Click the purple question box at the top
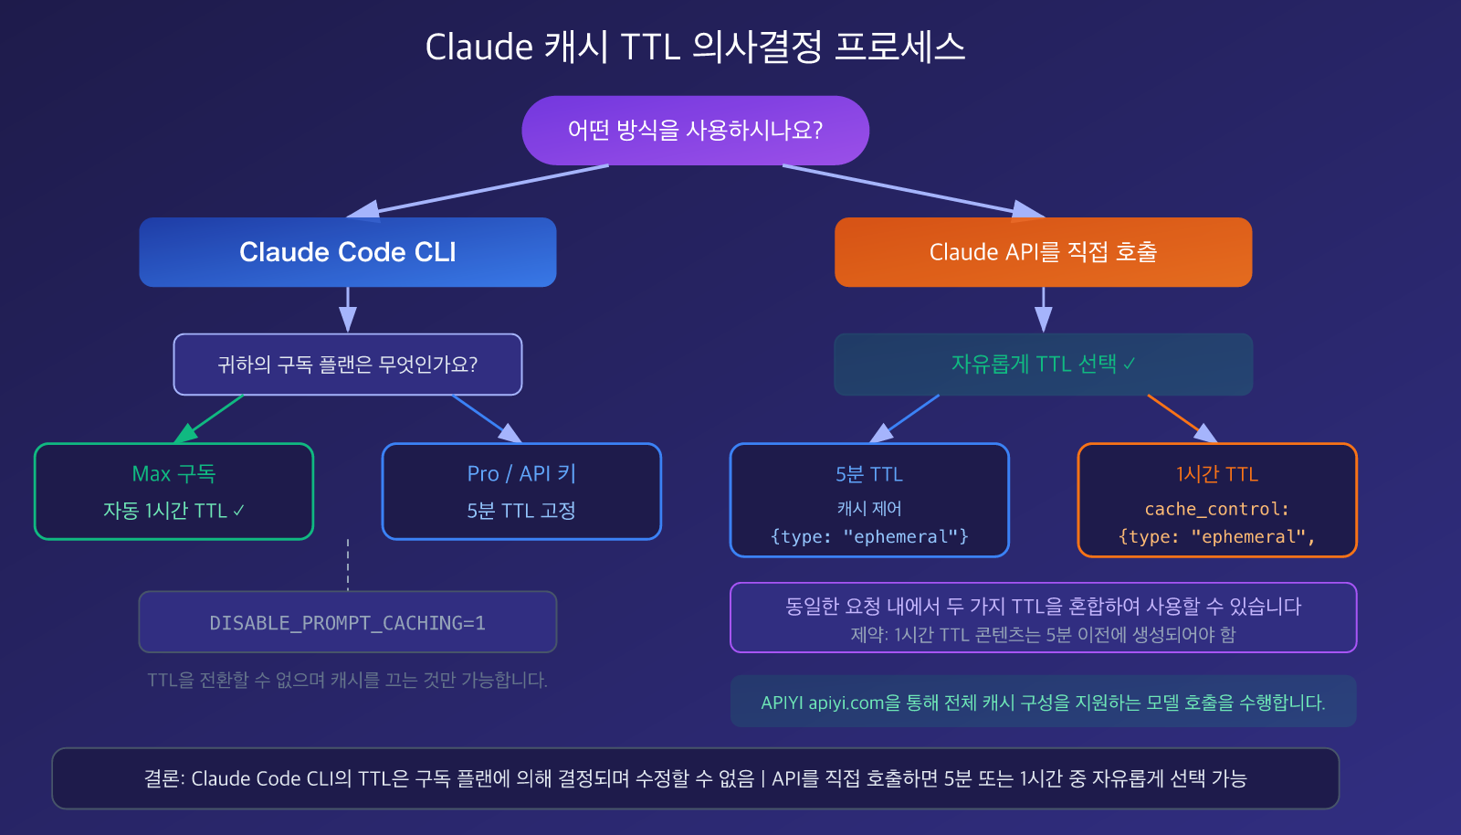click(x=695, y=131)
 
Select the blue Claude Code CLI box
click(x=347, y=252)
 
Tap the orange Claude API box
click(x=1043, y=252)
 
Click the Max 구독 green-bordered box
click(x=173, y=491)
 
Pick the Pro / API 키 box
click(x=521, y=491)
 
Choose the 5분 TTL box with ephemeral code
click(x=869, y=500)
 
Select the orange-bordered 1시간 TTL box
click(x=1217, y=500)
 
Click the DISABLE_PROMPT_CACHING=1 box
click(x=347, y=622)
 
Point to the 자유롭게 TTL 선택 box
click(x=1043, y=365)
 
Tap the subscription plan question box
click(x=347, y=365)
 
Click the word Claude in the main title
click(x=478, y=48)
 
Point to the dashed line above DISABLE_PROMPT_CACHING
click(x=348, y=565)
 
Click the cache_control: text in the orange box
click(x=1216, y=509)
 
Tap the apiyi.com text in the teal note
click(x=846, y=703)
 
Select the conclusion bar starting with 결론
click(x=695, y=778)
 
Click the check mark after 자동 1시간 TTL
click(x=238, y=511)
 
